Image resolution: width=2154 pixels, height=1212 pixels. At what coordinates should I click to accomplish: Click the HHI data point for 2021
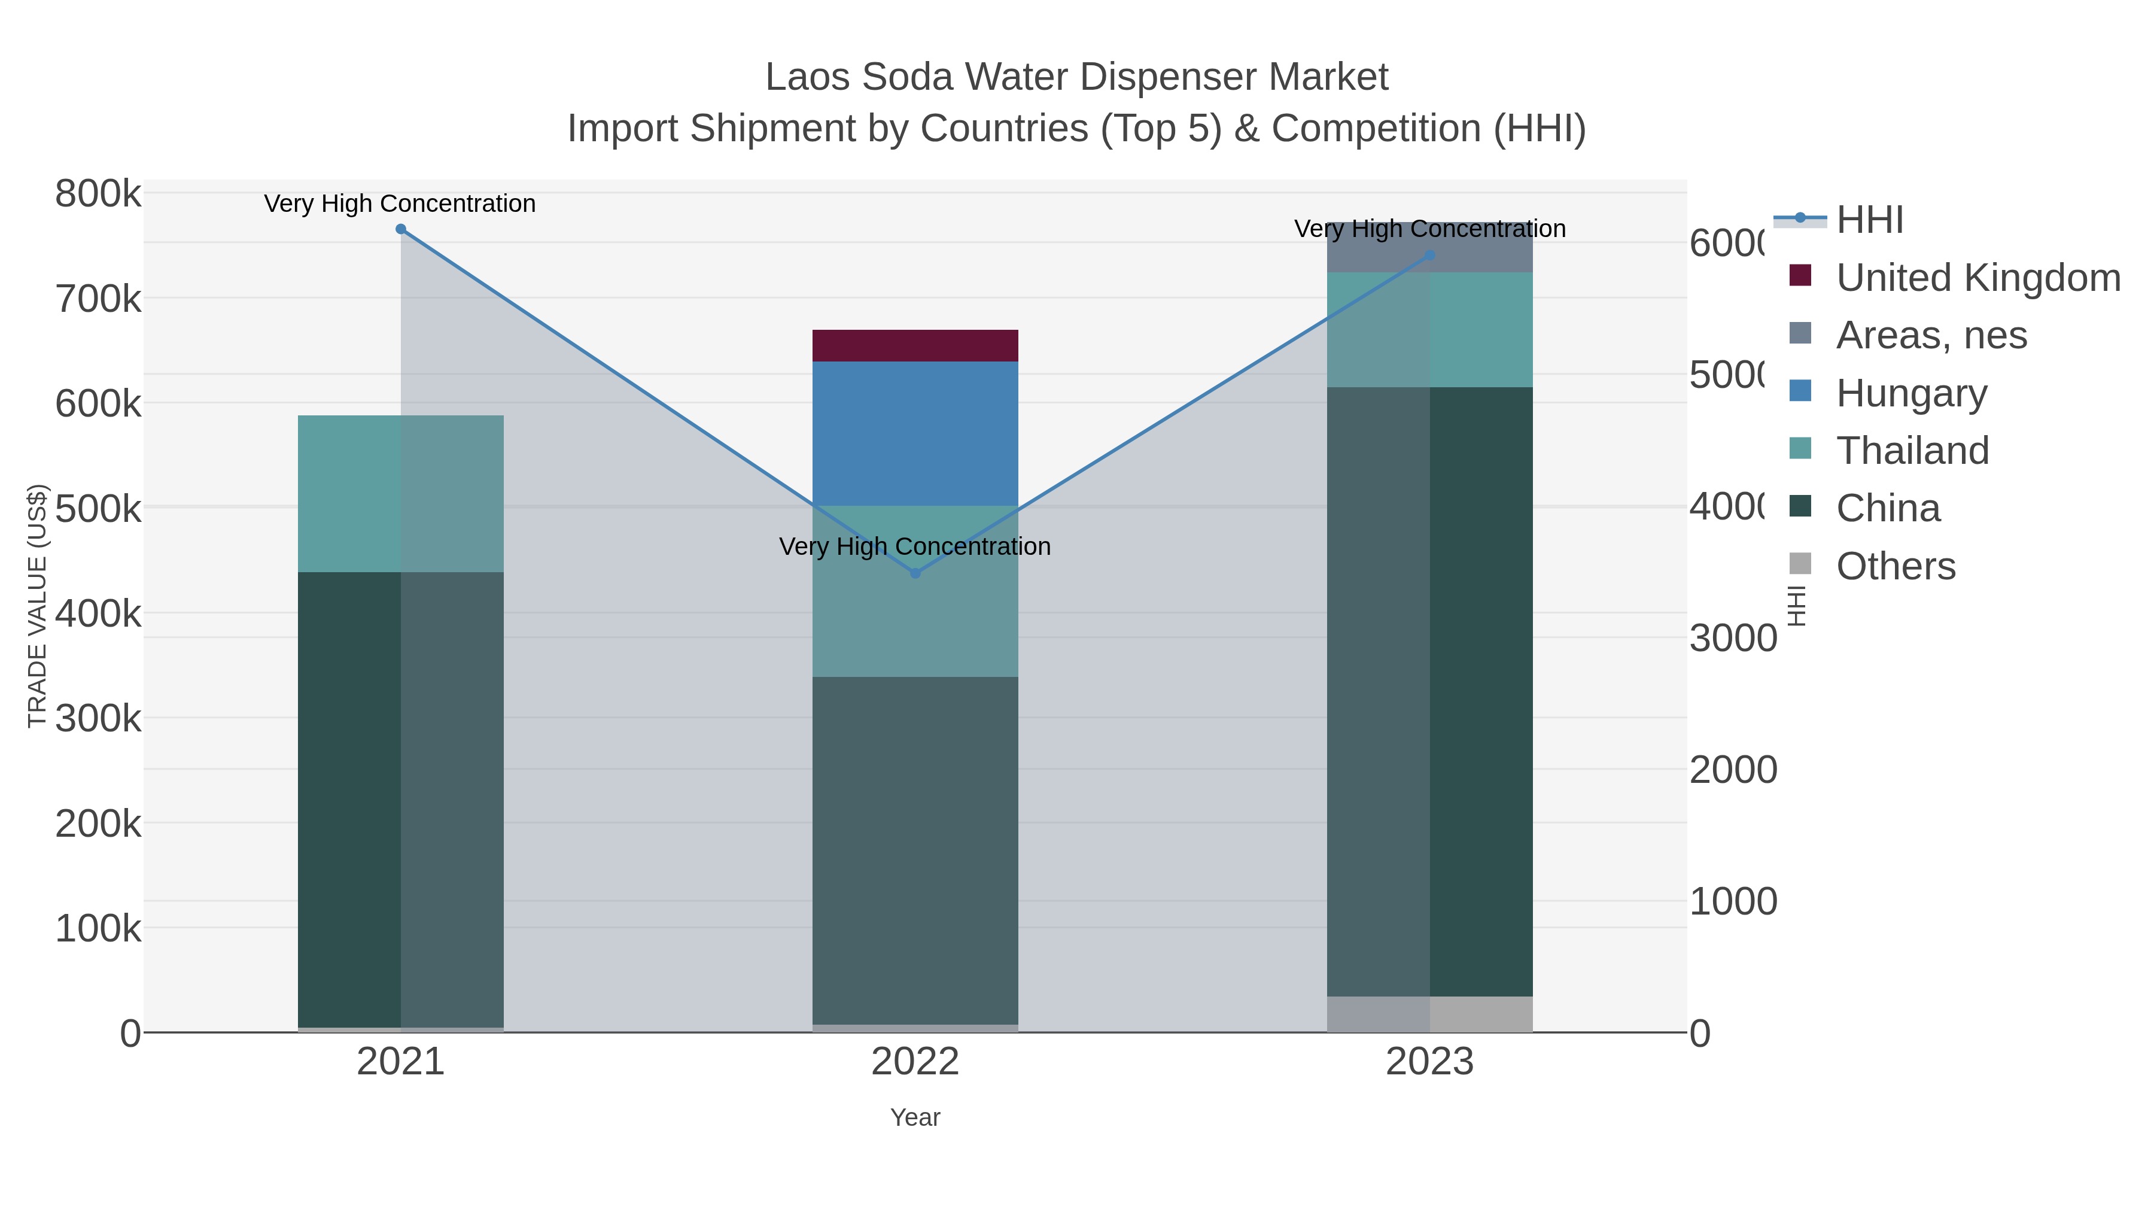(400, 229)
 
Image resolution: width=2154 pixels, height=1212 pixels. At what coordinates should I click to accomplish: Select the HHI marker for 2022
(915, 573)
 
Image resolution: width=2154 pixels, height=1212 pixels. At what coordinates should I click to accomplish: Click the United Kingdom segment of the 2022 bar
(915, 345)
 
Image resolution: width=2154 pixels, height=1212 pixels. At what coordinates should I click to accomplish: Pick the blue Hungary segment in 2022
(915, 433)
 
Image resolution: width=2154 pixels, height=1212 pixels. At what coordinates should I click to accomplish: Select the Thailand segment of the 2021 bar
(400, 494)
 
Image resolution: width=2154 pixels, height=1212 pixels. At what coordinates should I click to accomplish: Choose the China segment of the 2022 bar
(915, 849)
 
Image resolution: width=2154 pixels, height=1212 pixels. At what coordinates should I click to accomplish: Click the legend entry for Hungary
(1910, 393)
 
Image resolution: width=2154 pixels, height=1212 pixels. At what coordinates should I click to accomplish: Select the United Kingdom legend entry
(1977, 278)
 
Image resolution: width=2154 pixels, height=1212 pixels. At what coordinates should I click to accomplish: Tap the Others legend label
(1896, 566)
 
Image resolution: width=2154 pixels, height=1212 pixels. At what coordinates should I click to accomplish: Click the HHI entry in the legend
(1870, 220)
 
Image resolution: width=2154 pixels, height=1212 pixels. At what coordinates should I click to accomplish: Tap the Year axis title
(915, 1117)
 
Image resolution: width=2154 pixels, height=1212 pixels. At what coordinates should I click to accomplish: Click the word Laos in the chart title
(808, 78)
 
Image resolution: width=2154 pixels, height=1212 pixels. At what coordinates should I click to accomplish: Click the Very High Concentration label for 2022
(915, 547)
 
